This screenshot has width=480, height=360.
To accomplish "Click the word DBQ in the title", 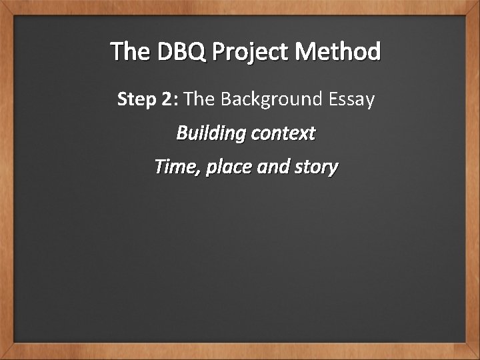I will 182,51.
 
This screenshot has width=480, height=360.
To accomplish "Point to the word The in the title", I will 131,51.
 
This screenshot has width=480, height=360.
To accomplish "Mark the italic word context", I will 283,134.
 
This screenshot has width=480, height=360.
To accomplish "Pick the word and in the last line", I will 273,167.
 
